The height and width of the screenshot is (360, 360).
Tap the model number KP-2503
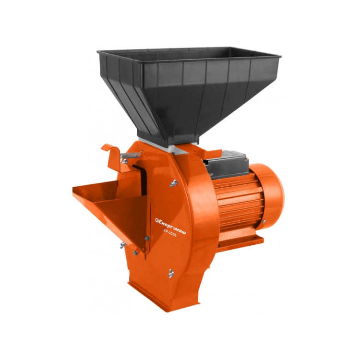(170, 233)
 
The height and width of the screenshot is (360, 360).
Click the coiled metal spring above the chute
(131, 155)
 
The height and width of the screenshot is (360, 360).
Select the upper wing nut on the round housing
(174, 183)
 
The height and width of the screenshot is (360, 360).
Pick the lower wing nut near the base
(171, 274)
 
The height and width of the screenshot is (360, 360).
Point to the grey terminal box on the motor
(226, 164)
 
